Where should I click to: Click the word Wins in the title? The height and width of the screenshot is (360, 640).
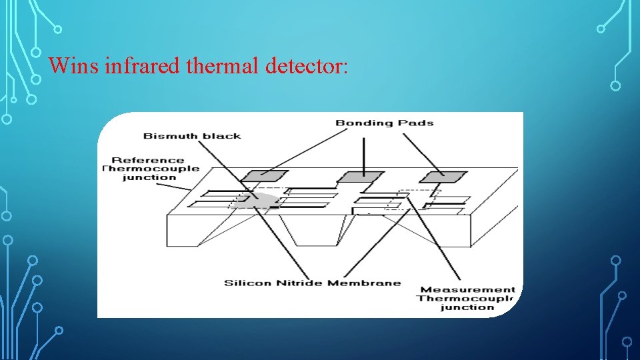pyautogui.click(x=69, y=66)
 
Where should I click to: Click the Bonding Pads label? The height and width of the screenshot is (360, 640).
pyautogui.click(x=384, y=123)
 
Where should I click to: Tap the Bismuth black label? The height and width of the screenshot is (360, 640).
pyautogui.click(x=192, y=136)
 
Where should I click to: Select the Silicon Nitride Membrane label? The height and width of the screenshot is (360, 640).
pyautogui.click(x=313, y=283)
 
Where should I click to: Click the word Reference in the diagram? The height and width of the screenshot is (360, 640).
pyautogui.click(x=147, y=160)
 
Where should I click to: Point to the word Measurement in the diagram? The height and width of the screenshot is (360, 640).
pyautogui.click(x=467, y=289)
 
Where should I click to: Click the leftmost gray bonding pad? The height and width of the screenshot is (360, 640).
pyautogui.click(x=263, y=176)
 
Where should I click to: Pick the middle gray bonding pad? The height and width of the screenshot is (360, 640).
pyautogui.click(x=360, y=177)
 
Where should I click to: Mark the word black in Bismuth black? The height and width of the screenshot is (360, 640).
pyautogui.click(x=222, y=136)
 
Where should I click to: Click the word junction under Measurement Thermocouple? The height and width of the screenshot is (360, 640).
pyautogui.click(x=467, y=307)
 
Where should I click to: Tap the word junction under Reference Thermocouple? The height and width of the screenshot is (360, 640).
pyautogui.click(x=149, y=177)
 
